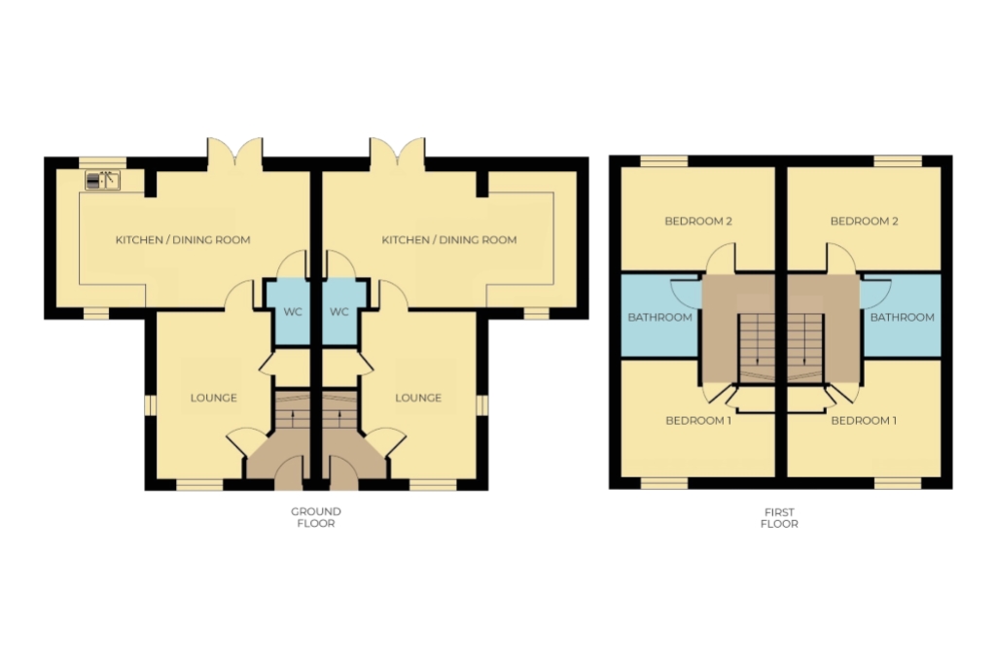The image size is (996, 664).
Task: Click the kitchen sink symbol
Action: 102,180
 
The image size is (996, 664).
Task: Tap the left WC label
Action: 293,312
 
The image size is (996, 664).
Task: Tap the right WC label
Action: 339,312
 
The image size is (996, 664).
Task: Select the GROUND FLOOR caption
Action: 316,517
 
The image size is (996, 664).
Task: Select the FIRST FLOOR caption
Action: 779,518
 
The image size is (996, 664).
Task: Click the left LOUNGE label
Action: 213,398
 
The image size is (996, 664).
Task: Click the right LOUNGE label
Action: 418,398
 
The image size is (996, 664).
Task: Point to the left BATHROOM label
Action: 660,317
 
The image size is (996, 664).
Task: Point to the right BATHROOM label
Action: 902,317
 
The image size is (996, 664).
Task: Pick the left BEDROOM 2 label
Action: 698,222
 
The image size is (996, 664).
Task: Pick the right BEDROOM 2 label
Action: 864,222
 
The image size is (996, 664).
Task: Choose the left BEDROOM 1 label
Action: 698,421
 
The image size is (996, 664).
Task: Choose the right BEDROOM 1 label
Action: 864,421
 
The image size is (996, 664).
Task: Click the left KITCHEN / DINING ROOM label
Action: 183,240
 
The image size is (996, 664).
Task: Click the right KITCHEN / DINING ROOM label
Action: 449,240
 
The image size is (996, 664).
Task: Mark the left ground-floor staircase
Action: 293,410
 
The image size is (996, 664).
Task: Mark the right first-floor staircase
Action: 806,348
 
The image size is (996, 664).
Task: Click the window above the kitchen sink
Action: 102,161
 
